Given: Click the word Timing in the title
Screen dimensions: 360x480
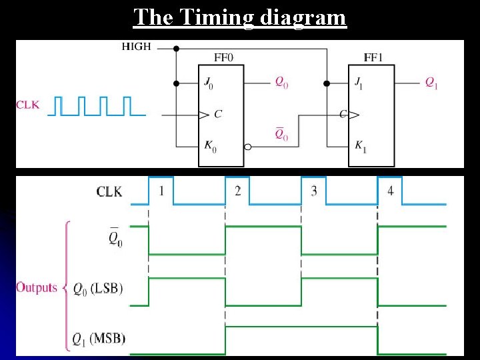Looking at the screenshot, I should click(x=215, y=17).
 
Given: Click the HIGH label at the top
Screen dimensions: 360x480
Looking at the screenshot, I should click(x=136, y=47).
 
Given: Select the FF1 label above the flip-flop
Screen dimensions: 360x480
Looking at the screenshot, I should click(x=373, y=57).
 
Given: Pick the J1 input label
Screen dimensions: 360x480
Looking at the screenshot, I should click(x=360, y=83).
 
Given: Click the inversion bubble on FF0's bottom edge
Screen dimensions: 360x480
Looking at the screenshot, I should click(x=247, y=147).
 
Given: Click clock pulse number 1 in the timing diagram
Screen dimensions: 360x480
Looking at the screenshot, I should click(x=161, y=191).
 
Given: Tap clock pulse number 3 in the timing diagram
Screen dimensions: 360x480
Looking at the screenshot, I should click(x=314, y=191).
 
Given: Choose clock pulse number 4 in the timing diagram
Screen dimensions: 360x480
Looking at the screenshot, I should click(x=391, y=191).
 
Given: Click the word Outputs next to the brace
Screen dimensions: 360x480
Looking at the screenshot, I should click(x=36, y=287).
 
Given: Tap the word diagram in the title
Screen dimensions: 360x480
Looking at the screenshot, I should click(x=303, y=17).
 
